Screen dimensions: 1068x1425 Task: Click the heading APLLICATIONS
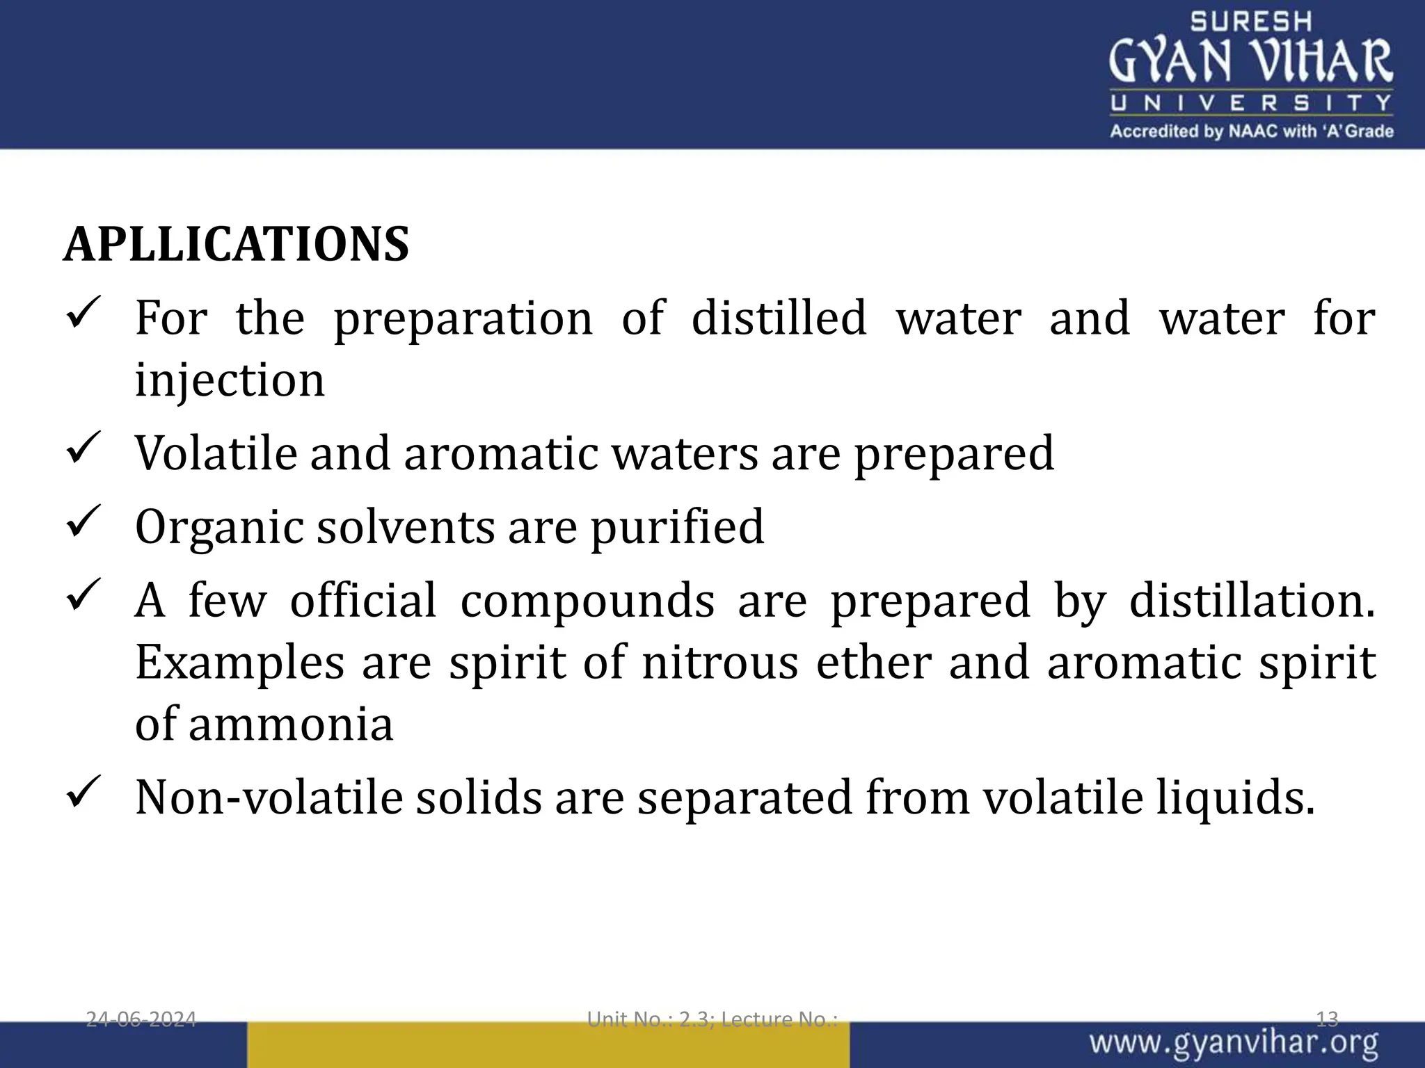(237, 245)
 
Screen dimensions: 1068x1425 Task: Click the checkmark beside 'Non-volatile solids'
(83, 792)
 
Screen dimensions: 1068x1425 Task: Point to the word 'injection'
(230, 380)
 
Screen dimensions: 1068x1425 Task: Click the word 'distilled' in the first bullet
(779, 318)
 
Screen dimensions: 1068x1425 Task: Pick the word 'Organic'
(219, 527)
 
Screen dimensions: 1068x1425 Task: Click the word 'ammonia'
(290, 724)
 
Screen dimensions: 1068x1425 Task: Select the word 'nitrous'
(719, 662)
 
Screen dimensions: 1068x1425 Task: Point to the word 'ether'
(874, 662)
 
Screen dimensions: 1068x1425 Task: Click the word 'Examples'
(239, 662)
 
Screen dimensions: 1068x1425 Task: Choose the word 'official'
(363, 600)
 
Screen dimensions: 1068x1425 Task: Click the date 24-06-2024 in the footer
(141, 1019)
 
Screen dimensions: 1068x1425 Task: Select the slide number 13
(1327, 1019)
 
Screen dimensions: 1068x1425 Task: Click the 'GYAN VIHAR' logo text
(1250, 61)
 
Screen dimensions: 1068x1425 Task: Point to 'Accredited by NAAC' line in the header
(1251, 131)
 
